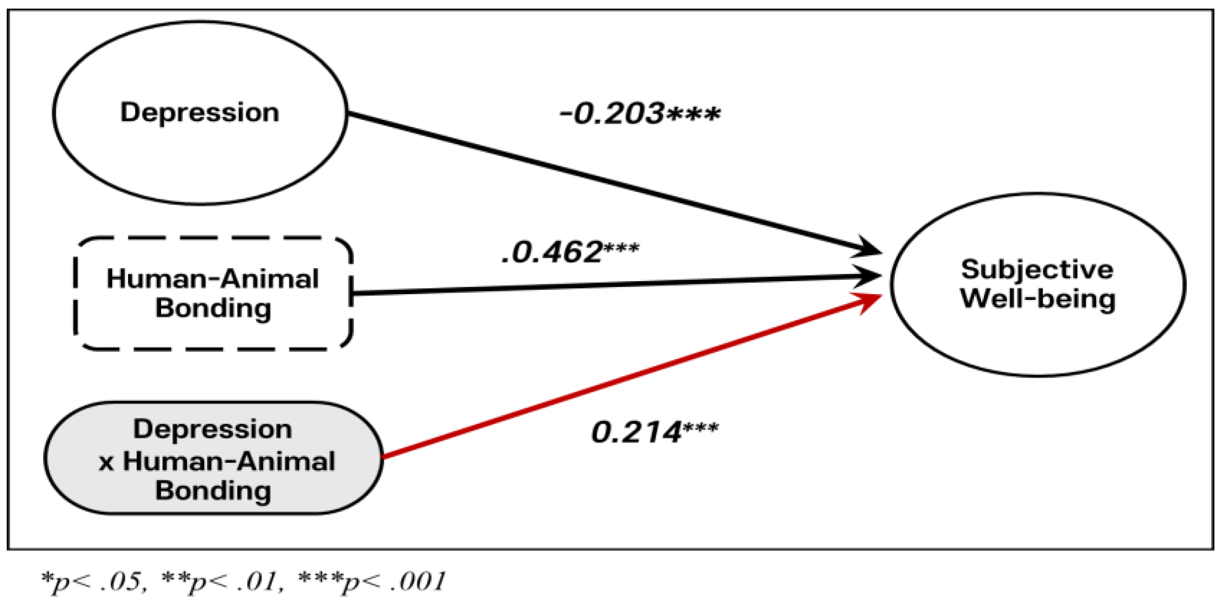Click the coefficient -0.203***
pyautogui.click(x=639, y=114)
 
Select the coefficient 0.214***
pyautogui.click(x=655, y=432)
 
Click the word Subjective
pyautogui.click(x=1037, y=270)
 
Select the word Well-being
pyautogui.click(x=1038, y=299)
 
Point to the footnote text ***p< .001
pyautogui.click(x=372, y=582)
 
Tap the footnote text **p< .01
pyautogui.click(x=221, y=582)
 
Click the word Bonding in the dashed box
pyautogui.click(x=213, y=308)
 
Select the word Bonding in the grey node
pyautogui.click(x=213, y=491)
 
